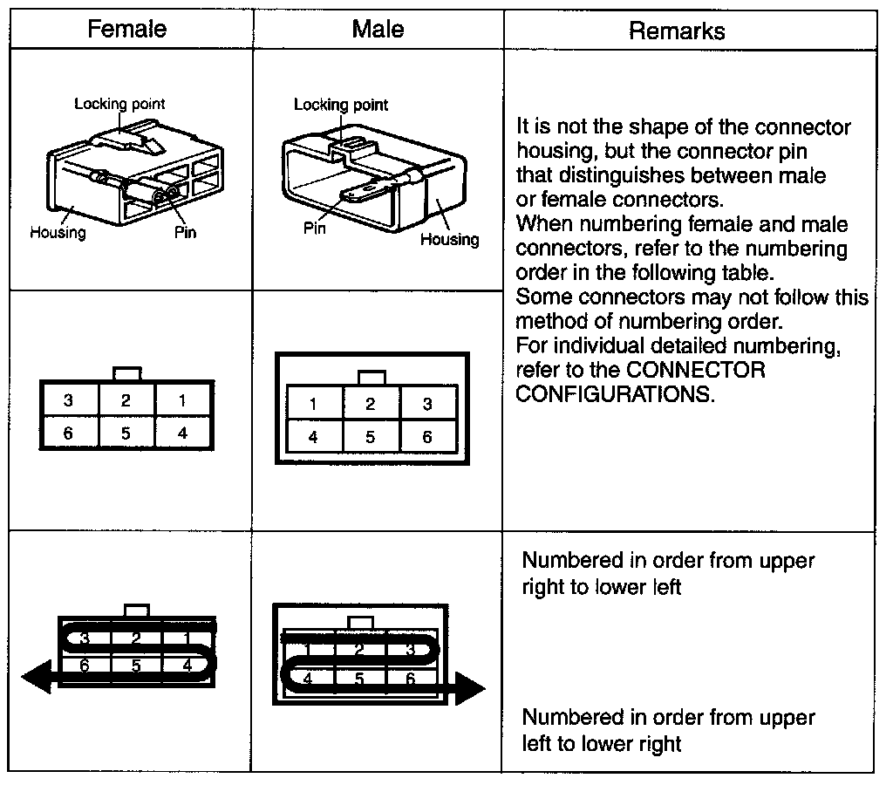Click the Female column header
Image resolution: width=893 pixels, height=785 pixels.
click(x=126, y=29)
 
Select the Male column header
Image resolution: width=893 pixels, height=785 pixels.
click(x=378, y=29)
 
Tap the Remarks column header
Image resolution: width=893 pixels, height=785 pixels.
click(x=676, y=31)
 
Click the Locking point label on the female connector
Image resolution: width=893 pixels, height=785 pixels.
click(x=119, y=104)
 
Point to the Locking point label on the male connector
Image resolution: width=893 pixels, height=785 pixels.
click(x=341, y=105)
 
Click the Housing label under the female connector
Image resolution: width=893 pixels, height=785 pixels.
click(x=58, y=233)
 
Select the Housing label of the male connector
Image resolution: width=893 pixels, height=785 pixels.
click(x=450, y=239)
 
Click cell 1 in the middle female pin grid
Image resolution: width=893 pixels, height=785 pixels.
click(x=182, y=401)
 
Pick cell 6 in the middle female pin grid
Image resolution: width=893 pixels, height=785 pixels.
click(x=68, y=432)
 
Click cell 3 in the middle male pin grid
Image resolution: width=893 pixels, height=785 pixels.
click(x=427, y=404)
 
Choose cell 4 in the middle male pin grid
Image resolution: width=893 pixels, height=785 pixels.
click(x=313, y=437)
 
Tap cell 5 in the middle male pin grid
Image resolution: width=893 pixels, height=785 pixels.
click(x=371, y=437)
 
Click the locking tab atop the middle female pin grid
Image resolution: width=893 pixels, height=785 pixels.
click(x=127, y=373)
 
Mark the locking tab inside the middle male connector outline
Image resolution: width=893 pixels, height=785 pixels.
click(x=372, y=377)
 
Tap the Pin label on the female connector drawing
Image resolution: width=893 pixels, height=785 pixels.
click(x=186, y=233)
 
